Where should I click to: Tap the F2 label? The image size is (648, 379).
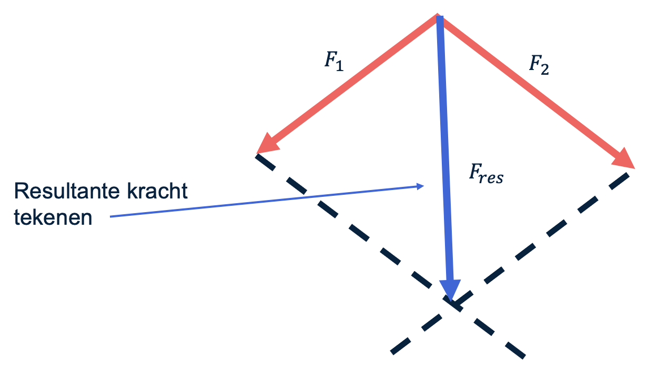pos(539,66)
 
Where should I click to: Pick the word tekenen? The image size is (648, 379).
pos(53,217)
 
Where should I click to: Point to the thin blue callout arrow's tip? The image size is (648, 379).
pos(423,185)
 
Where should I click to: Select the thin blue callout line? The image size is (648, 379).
pos(263,201)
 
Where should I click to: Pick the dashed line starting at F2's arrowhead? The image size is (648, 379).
pos(547,237)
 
